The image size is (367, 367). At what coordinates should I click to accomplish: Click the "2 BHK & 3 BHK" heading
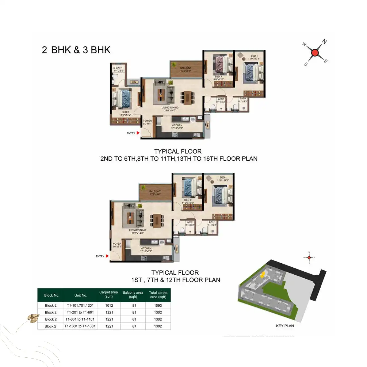click(76, 50)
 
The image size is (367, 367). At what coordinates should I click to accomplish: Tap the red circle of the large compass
click(315, 53)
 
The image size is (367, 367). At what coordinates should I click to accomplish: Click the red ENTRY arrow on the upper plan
click(138, 133)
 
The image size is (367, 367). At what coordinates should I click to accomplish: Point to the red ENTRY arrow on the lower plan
click(107, 256)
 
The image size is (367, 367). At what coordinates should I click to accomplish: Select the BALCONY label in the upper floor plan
click(185, 68)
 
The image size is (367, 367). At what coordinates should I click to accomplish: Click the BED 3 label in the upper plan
click(218, 77)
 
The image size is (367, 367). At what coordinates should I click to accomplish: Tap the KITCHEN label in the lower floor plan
click(146, 248)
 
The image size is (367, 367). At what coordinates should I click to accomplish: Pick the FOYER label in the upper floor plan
click(147, 121)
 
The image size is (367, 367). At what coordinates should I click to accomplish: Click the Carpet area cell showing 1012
click(109, 306)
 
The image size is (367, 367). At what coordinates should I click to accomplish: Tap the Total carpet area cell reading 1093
click(158, 306)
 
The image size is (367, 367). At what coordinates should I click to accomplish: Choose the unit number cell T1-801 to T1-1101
click(80, 319)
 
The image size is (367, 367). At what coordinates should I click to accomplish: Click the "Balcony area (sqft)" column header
click(133, 295)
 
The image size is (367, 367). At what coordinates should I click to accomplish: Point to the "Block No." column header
click(52, 295)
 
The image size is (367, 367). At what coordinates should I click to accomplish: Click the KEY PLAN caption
click(285, 326)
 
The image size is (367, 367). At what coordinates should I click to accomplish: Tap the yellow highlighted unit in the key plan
click(263, 274)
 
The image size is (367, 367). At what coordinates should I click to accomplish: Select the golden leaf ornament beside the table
click(33, 318)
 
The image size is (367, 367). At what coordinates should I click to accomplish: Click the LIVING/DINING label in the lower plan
click(138, 230)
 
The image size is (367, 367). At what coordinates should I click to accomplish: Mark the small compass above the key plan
click(309, 257)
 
